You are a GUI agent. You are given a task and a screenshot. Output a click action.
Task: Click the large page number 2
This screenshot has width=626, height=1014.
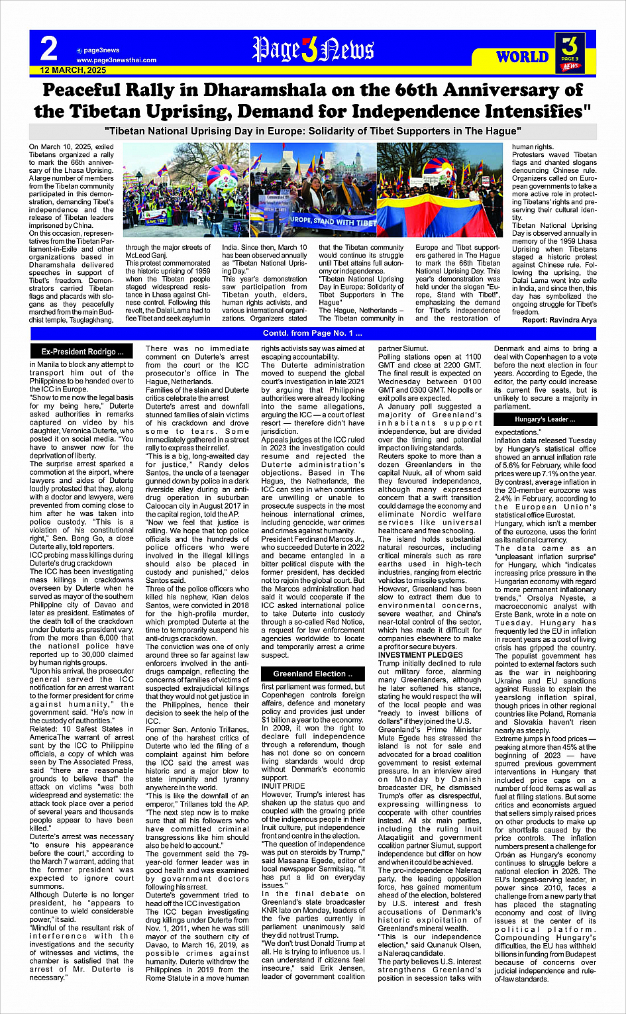click(x=49, y=48)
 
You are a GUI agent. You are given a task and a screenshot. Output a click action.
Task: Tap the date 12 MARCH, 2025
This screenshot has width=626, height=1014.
click(x=73, y=70)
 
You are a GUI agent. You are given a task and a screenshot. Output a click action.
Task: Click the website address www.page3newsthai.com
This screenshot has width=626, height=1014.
click(x=116, y=60)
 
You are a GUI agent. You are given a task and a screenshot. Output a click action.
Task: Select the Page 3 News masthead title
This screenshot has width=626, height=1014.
click(x=313, y=50)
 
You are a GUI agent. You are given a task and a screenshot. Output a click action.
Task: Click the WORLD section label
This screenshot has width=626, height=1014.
click(x=523, y=57)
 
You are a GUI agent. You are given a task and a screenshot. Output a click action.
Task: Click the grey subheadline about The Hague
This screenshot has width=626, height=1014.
click(x=313, y=131)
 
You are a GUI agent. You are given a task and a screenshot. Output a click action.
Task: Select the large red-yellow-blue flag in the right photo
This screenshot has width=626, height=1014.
click(x=437, y=212)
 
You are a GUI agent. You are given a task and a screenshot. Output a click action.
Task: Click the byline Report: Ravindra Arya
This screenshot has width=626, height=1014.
click(x=559, y=320)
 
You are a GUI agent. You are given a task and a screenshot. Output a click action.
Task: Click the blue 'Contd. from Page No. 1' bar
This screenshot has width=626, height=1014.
click(x=313, y=333)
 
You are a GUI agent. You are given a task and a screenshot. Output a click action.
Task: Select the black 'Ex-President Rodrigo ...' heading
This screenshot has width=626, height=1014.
click(x=82, y=352)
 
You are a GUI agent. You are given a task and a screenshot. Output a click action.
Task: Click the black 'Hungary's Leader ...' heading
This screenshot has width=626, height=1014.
click(x=545, y=419)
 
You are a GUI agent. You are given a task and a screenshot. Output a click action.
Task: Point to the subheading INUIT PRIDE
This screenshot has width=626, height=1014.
click(x=283, y=786)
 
